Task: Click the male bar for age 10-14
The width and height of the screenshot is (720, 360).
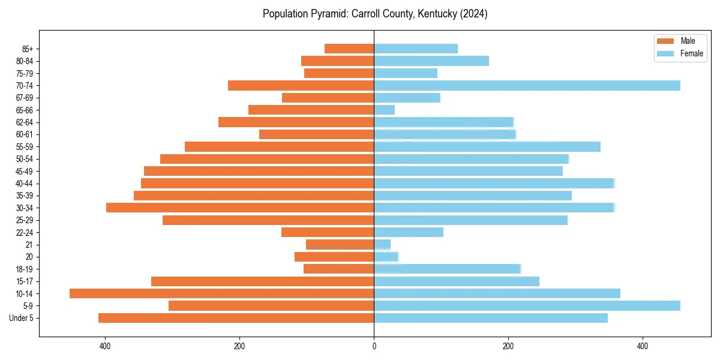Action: [x=221, y=293]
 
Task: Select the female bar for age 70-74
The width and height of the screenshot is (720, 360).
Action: [x=527, y=85]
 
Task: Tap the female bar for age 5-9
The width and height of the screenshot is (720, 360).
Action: [x=527, y=305]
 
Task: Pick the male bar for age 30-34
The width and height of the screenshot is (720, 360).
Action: [x=240, y=208]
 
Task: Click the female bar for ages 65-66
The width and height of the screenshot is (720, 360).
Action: [x=384, y=110]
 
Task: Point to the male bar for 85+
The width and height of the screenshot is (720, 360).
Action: [x=349, y=49]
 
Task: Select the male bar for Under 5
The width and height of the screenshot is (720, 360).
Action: [x=236, y=318]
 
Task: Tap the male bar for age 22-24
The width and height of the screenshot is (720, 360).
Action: [x=328, y=232]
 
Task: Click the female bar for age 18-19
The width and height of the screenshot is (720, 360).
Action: [x=447, y=269]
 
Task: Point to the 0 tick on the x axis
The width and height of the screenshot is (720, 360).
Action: [x=374, y=346]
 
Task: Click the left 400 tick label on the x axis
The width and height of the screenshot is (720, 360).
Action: [x=105, y=346]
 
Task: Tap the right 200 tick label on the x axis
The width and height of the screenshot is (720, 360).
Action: [x=508, y=346]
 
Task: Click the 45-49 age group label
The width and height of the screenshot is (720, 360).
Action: [x=25, y=171]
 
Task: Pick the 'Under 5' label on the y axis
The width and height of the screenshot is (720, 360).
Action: [x=21, y=318]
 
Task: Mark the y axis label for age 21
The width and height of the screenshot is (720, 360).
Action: [x=29, y=244]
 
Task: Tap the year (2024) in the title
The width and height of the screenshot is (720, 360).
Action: [x=474, y=14]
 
